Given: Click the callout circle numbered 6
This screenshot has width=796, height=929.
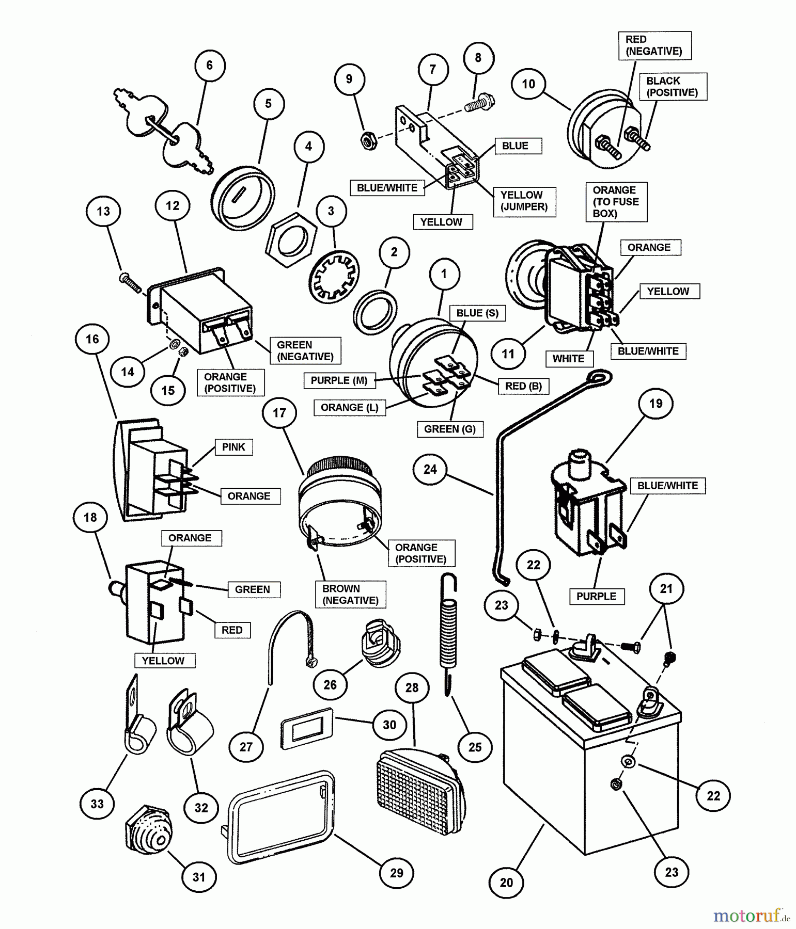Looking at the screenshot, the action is [x=209, y=66].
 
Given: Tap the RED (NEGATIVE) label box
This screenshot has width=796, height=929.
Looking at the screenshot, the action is [x=654, y=45].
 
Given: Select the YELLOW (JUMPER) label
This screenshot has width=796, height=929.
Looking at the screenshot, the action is [x=524, y=201].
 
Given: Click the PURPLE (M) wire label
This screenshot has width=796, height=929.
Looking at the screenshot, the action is [x=339, y=380].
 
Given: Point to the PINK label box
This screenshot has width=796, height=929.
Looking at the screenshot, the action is [x=233, y=447].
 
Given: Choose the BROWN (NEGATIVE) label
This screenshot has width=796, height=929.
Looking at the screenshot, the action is [x=350, y=594].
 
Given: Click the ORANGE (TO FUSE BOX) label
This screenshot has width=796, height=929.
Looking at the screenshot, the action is [x=616, y=202].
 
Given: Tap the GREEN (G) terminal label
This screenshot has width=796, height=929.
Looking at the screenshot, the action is [x=449, y=429].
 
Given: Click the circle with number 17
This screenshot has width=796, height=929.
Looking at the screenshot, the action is [x=279, y=413].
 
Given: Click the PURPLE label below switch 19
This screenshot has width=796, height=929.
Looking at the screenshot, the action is [x=596, y=596].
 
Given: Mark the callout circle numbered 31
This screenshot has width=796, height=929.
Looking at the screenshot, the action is [x=199, y=876].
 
